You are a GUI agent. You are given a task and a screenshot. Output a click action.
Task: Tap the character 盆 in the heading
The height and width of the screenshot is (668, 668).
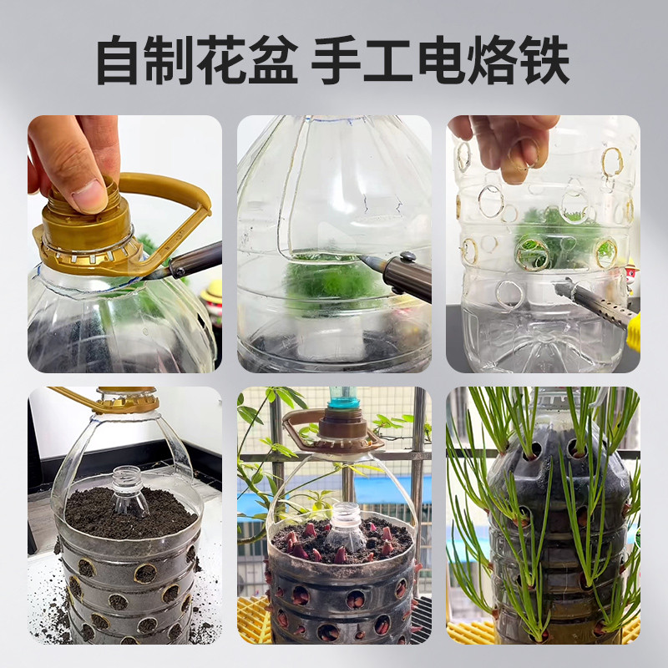(273, 59)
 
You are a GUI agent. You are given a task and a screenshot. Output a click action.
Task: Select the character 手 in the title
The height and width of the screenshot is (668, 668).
(337, 59)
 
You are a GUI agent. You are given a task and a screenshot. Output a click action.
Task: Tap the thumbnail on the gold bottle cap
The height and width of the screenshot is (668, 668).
(89, 196)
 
